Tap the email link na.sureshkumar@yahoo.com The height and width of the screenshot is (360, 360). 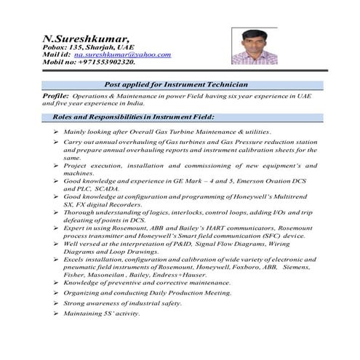click(x=122, y=55)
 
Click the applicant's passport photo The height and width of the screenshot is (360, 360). click(x=254, y=46)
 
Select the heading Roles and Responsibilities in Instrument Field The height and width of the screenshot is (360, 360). click(x=133, y=116)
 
